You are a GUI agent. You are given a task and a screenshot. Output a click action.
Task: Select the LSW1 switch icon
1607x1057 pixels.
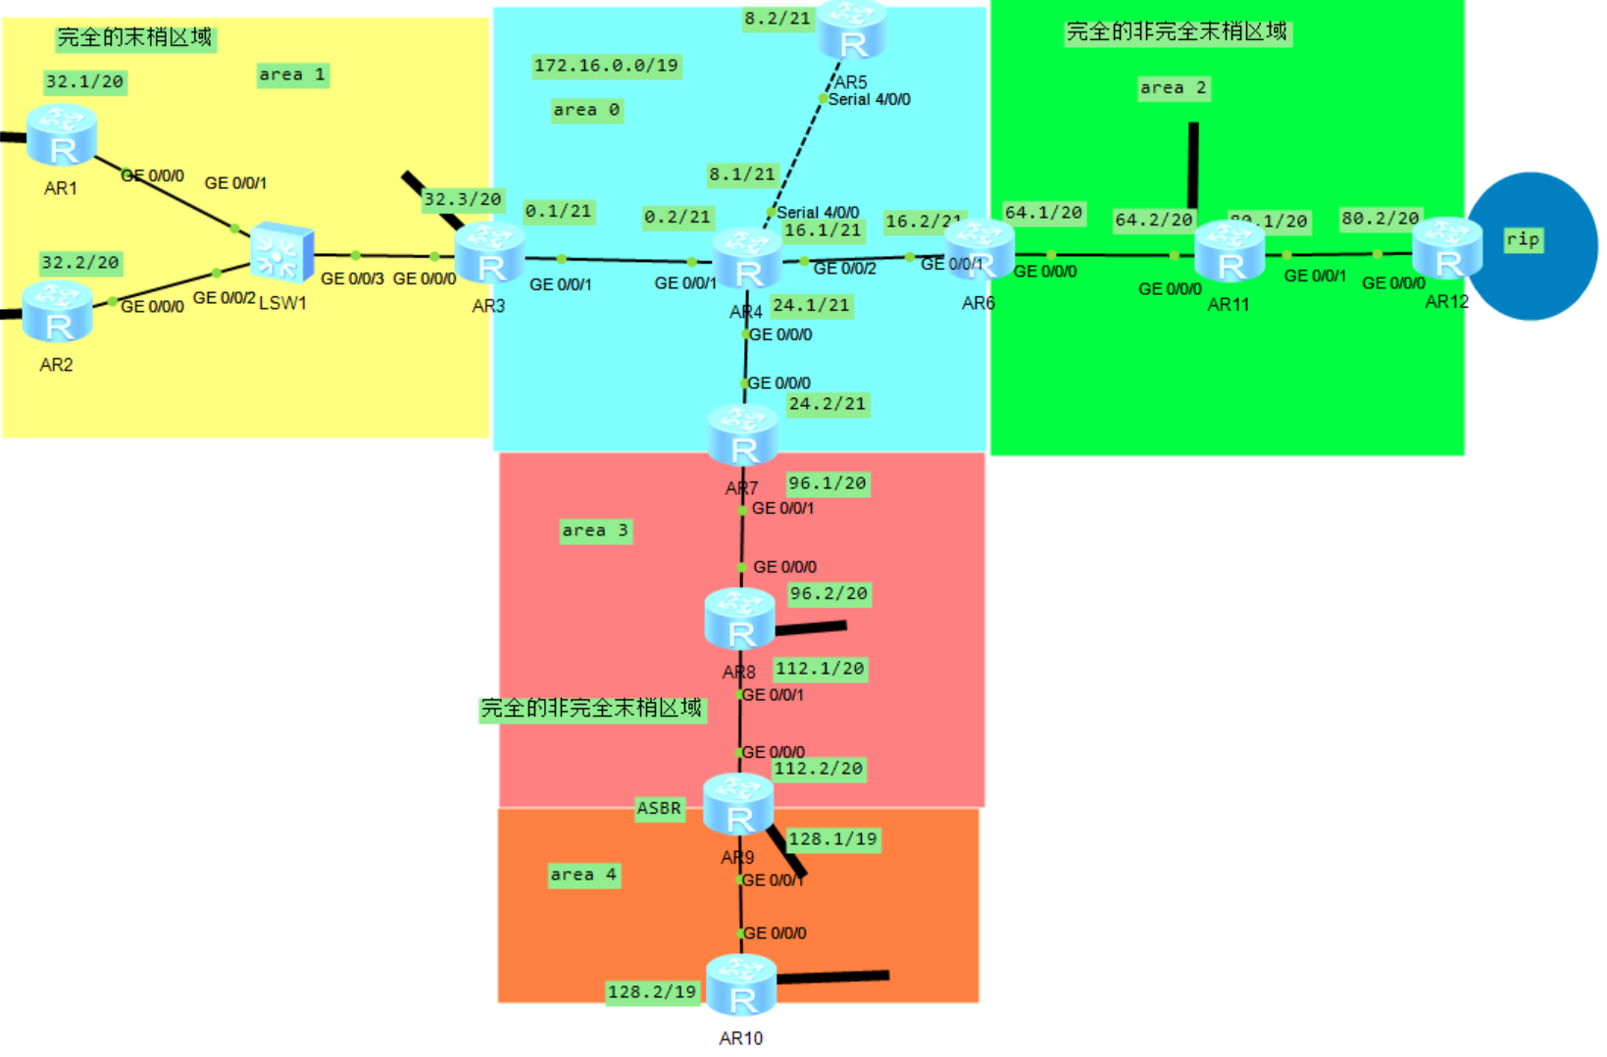[x=281, y=253]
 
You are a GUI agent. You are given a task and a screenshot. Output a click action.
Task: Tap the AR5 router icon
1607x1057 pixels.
[x=851, y=30]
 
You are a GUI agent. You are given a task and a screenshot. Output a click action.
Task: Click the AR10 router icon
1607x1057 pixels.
[x=741, y=985]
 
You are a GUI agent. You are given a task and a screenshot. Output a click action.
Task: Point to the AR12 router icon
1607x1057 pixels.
[x=1447, y=249]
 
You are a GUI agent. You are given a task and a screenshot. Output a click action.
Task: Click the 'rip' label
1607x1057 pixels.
[x=1523, y=239]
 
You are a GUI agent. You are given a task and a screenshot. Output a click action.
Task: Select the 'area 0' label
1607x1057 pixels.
[x=586, y=110]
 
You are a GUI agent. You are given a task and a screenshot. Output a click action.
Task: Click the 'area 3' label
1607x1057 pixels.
[x=595, y=530]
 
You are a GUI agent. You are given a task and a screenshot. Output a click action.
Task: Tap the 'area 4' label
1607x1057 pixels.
[x=583, y=875]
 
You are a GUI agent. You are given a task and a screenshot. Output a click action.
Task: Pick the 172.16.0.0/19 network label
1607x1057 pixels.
[x=606, y=66]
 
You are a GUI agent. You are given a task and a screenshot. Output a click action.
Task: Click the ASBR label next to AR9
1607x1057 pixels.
[x=659, y=808]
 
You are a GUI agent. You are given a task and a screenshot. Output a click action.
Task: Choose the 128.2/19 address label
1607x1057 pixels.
[x=652, y=991]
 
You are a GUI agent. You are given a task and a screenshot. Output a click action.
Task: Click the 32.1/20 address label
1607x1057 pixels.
[x=85, y=81]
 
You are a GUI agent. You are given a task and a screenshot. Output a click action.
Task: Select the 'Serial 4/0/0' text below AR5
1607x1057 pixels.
[x=869, y=99]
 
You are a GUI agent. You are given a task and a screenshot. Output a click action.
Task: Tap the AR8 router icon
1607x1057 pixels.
[x=740, y=619]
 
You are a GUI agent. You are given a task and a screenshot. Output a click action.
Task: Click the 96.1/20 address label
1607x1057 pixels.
[x=828, y=483]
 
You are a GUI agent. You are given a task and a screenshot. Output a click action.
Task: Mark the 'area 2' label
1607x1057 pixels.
[x=1173, y=88]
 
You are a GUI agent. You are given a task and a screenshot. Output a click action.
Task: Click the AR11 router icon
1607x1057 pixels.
[x=1230, y=251]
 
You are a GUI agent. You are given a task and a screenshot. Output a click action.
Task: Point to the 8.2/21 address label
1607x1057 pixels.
[x=778, y=19]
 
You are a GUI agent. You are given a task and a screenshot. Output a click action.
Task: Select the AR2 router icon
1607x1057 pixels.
[x=57, y=312]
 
